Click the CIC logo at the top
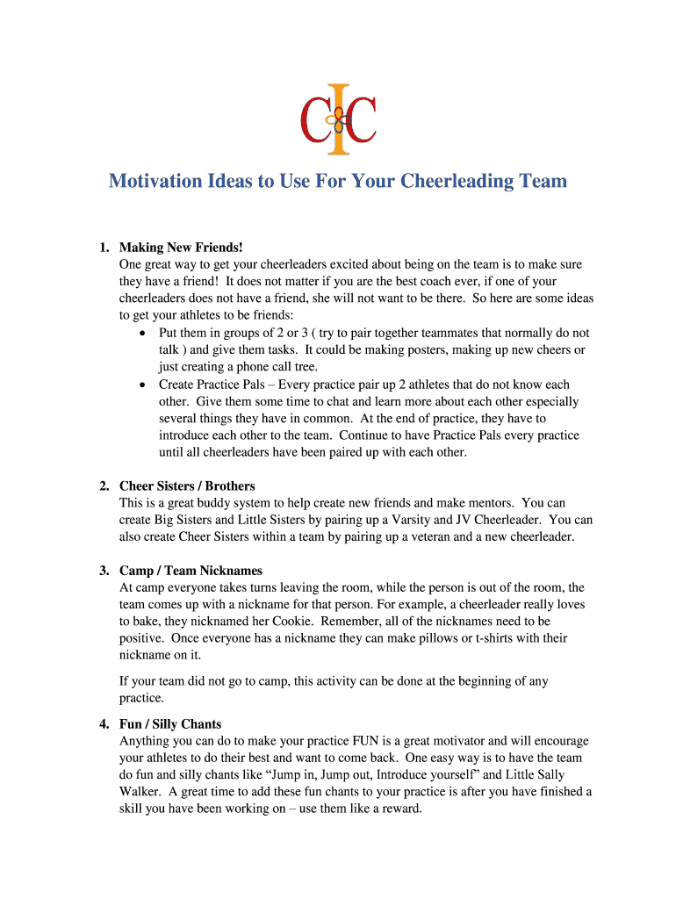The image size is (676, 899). point(338,115)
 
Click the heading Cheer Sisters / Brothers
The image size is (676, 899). point(187,485)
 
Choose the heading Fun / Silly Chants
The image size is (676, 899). point(170,724)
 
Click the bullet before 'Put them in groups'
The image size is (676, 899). point(143,334)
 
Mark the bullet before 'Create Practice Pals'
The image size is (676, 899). point(143,385)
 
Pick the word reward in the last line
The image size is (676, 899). point(397,809)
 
